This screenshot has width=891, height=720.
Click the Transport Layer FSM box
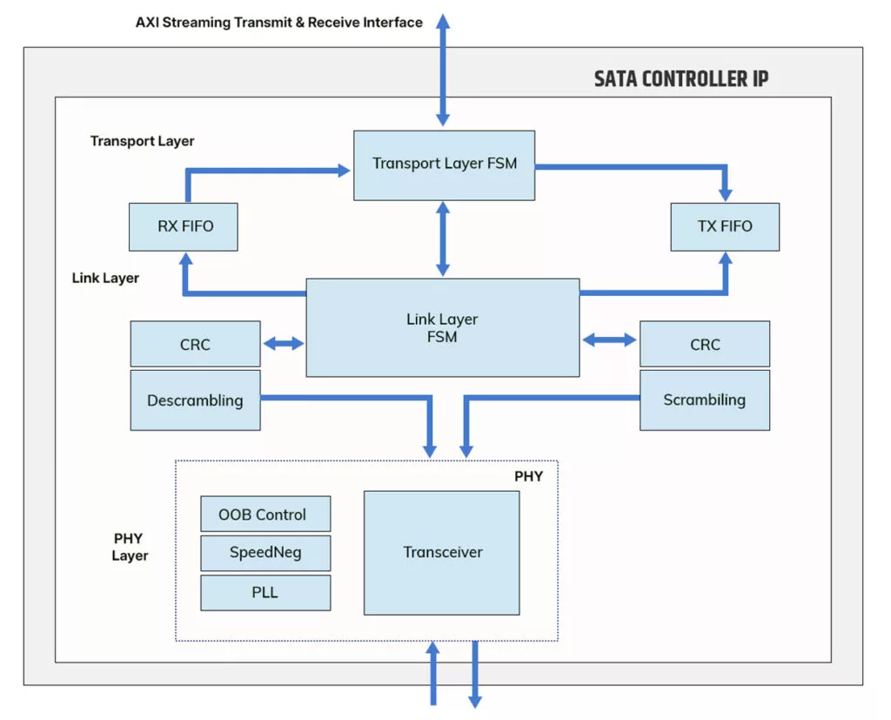click(x=444, y=165)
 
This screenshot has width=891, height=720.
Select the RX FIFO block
click(x=184, y=227)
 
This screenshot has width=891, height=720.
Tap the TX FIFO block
click(x=724, y=227)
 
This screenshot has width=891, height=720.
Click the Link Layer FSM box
click(x=442, y=327)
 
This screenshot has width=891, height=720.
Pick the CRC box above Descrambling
click(x=195, y=344)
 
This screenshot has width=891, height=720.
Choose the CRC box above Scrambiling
click(x=704, y=344)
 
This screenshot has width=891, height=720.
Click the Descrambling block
click(x=195, y=400)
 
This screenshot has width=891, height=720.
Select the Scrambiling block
click(x=704, y=400)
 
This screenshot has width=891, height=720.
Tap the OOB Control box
click(x=265, y=514)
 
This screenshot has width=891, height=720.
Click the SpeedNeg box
click(x=265, y=553)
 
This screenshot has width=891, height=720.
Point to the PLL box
click(x=265, y=592)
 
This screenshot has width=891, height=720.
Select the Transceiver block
click(x=441, y=553)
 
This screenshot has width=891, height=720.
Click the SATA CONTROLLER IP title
click(x=681, y=79)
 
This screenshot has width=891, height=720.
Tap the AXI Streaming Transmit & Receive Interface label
click(x=279, y=23)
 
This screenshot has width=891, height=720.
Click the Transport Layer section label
click(x=142, y=141)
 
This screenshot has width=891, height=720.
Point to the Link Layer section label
click(x=105, y=279)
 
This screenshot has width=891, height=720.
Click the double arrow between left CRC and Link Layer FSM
click(x=284, y=344)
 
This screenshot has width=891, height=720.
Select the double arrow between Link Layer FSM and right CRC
click(x=609, y=340)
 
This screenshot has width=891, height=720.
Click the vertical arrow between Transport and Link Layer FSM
click(x=443, y=239)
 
